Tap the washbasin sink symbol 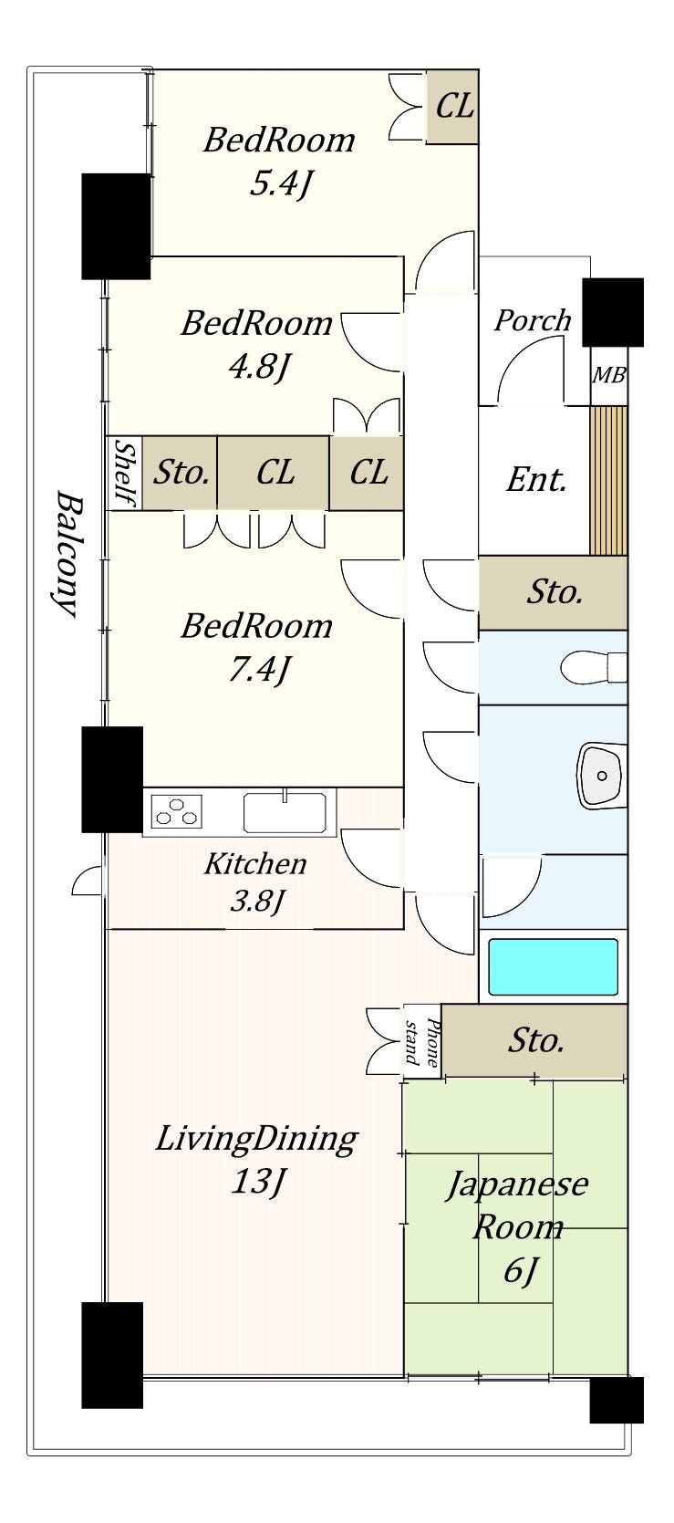point(601,775)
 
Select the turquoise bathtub point(553,967)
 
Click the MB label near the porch point(608,375)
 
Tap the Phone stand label point(422,1041)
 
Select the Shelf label point(124,474)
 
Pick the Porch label point(532,320)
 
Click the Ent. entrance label point(536,480)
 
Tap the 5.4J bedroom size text point(281,183)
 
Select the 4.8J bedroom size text point(258,368)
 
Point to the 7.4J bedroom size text point(258,670)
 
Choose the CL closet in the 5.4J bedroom point(453,106)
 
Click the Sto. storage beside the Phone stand point(534,1040)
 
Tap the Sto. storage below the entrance point(553,592)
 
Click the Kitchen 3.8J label point(256,882)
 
